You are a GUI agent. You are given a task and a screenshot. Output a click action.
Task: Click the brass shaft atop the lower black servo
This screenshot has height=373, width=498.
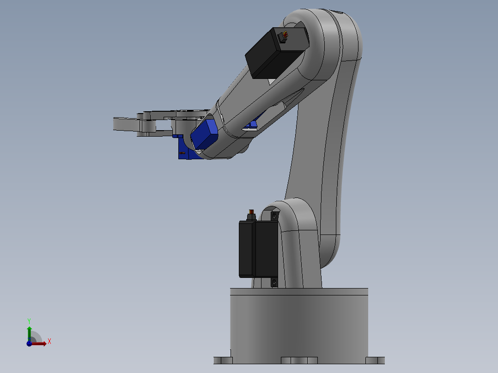click(x=252, y=214)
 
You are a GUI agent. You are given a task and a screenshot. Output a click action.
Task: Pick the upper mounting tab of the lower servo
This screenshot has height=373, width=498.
click(x=275, y=216)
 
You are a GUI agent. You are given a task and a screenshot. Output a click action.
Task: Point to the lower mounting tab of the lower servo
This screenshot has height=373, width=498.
click(x=274, y=282)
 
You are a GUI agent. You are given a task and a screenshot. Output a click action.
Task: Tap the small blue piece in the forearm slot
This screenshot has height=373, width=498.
click(x=253, y=124)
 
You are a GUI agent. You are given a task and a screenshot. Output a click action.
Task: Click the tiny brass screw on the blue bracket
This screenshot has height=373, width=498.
click(x=182, y=153)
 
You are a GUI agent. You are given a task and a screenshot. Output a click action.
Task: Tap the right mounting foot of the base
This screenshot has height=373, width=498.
click(x=375, y=360)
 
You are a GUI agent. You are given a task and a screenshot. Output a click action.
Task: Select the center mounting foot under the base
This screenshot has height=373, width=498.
click(x=299, y=360)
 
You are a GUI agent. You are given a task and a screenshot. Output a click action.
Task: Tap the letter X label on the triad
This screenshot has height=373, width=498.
click(x=49, y=342)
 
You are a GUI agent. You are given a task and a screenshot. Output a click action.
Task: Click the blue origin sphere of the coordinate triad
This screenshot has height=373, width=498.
click(x=29, y=343)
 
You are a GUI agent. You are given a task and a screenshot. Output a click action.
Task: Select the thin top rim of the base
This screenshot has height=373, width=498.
click(x=299, y=291)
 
